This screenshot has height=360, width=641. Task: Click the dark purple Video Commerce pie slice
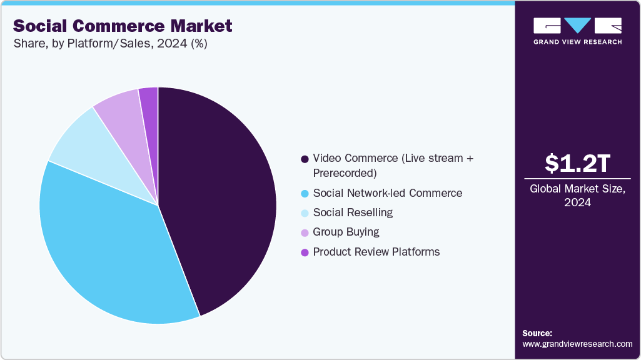click(219, 200)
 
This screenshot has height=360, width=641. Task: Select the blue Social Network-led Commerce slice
click(106, 244)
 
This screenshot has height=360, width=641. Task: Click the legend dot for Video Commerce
click(305, 159)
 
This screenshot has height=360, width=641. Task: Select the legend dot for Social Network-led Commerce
click(305, 193)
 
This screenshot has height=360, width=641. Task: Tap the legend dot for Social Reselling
click(305, 213)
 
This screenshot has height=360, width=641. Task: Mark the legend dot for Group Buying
click(305, 232)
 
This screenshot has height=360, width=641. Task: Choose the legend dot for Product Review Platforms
click(305, 252)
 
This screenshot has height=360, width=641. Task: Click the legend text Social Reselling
click(353, 212)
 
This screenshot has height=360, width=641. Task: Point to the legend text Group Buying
click(346, 232)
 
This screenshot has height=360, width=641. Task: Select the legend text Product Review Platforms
click(376, 252)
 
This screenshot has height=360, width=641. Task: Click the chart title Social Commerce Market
click(123, 26)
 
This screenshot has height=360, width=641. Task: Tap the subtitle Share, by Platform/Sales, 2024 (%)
click(110, 44)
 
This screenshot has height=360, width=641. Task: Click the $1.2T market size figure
click(577, 164)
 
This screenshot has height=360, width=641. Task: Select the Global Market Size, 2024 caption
click(577, 196)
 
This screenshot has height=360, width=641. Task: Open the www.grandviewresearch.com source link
click(577, 344)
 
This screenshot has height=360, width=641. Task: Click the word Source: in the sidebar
click(537, 333)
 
